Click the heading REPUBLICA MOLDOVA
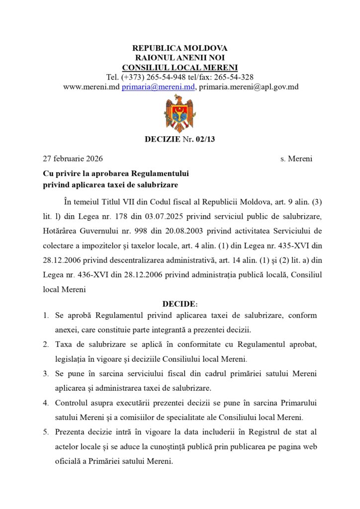(x=180, y=48)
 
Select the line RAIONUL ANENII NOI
(x=180, y=58)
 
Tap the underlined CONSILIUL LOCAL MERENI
(x=180, y=68)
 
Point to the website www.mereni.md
(x=91, y=86)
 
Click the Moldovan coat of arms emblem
(x=180, y=113)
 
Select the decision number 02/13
(x=204, y=139)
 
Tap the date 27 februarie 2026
(x=73, y=159)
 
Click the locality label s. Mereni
(x=296, y=159)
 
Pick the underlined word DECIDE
(x=179, y=304)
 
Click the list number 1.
(x=45, y=316)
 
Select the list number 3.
(x=45, y=373)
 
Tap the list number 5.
(x=45, y=431)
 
